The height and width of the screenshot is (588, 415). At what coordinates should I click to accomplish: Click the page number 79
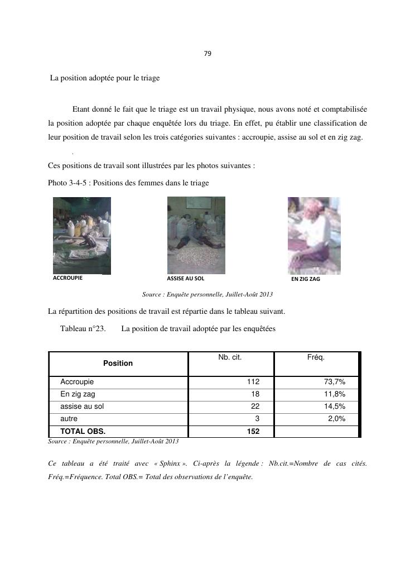coord(207,54)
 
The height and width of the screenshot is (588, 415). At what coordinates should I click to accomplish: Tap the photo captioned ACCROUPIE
coord(81,235)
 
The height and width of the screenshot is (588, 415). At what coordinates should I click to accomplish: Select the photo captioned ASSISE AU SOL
coord(196,235)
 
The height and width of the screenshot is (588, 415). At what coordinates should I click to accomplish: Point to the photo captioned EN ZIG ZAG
coord(313,235)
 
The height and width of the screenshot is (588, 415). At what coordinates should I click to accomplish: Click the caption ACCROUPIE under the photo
coord(67,278)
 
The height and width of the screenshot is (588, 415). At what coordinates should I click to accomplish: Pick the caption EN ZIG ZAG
coord(306,279)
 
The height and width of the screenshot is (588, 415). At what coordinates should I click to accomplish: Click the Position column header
coord(118,364)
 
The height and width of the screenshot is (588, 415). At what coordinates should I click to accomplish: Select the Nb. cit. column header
coord(230,357)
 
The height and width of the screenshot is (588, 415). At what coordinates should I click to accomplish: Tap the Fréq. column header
coord(316,357)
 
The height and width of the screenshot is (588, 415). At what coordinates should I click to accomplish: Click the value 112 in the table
coord(253,382)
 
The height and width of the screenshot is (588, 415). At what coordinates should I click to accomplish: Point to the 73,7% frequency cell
coord(335,382)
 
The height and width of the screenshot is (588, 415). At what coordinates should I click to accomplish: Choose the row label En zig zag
coord(78,394)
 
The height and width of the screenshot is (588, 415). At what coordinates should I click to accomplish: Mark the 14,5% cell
coord(335,407)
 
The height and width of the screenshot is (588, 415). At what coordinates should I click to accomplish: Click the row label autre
coord(69,419)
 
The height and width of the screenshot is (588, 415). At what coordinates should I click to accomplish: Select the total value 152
coord(253,432)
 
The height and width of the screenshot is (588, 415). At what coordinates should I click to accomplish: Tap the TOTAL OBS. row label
coord(83,432)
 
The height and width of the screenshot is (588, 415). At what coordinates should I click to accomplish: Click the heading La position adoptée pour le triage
coord(105,78)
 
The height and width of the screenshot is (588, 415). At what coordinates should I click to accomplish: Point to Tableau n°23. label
coord(83,329)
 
